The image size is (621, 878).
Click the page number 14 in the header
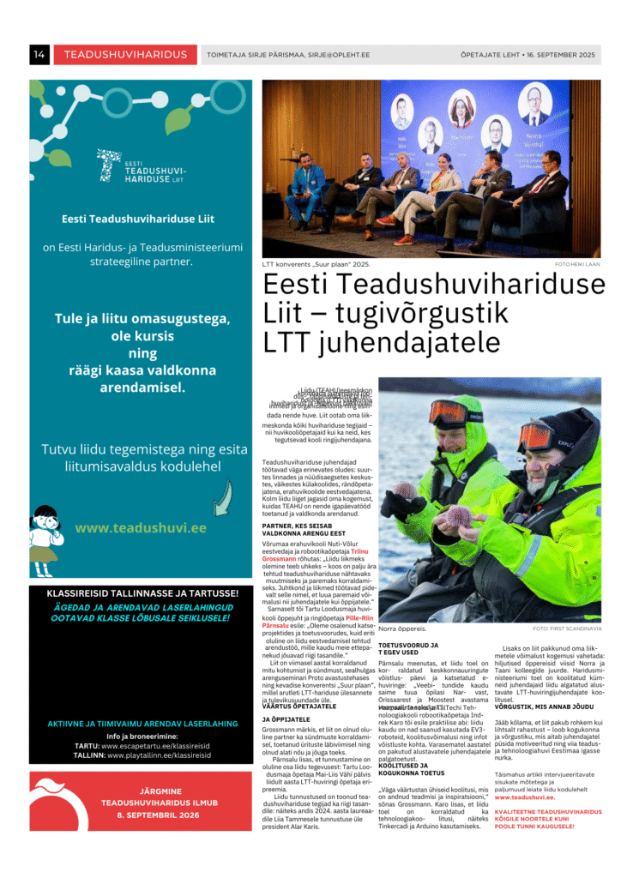39,55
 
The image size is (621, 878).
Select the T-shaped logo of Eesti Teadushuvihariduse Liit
109,165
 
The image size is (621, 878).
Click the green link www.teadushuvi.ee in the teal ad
141,528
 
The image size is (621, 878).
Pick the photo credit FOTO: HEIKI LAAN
577,265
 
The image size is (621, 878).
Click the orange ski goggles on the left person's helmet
448,414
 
